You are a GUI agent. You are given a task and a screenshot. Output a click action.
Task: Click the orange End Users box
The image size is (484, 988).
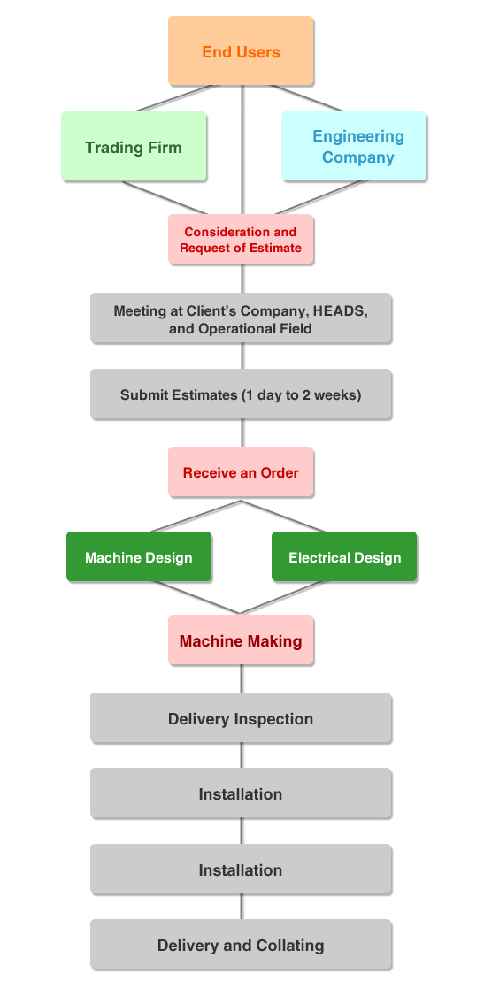(241, 51)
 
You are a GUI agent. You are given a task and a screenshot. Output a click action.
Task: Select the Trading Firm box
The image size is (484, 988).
(134, 147)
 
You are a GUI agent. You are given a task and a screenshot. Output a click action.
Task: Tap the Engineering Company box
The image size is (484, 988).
(354, 147)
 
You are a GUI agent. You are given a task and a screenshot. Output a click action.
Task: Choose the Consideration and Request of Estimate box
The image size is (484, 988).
(241, 240)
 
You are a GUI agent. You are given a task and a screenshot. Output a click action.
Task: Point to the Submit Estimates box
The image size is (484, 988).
(241, 394)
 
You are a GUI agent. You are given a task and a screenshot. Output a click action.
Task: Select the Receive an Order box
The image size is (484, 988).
(241, 472)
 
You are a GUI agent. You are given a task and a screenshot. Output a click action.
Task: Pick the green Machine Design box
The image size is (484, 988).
(139, 556)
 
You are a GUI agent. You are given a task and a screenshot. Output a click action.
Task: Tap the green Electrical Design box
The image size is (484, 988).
(344, 556)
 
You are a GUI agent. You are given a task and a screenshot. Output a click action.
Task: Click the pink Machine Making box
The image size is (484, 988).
(241, 640)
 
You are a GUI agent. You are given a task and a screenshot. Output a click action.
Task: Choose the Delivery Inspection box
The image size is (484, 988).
(241, 718)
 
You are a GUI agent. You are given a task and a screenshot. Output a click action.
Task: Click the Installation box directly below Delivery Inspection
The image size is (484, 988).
(241, 793)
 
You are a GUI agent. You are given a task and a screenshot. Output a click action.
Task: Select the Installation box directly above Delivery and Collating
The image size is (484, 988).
(241, 869)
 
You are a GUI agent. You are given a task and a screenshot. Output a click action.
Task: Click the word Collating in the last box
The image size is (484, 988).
(290, 946)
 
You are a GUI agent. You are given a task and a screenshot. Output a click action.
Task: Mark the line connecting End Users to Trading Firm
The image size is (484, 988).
(177, 98)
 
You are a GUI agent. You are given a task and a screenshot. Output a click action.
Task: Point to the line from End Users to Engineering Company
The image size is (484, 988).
(308, 98)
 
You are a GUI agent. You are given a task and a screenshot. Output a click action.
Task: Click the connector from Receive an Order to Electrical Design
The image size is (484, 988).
(284, 517)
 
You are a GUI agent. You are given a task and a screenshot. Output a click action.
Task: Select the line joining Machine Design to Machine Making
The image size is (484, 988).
(197, 597)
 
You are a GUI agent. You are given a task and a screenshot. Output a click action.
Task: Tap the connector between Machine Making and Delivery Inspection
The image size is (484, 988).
(242, 678)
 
